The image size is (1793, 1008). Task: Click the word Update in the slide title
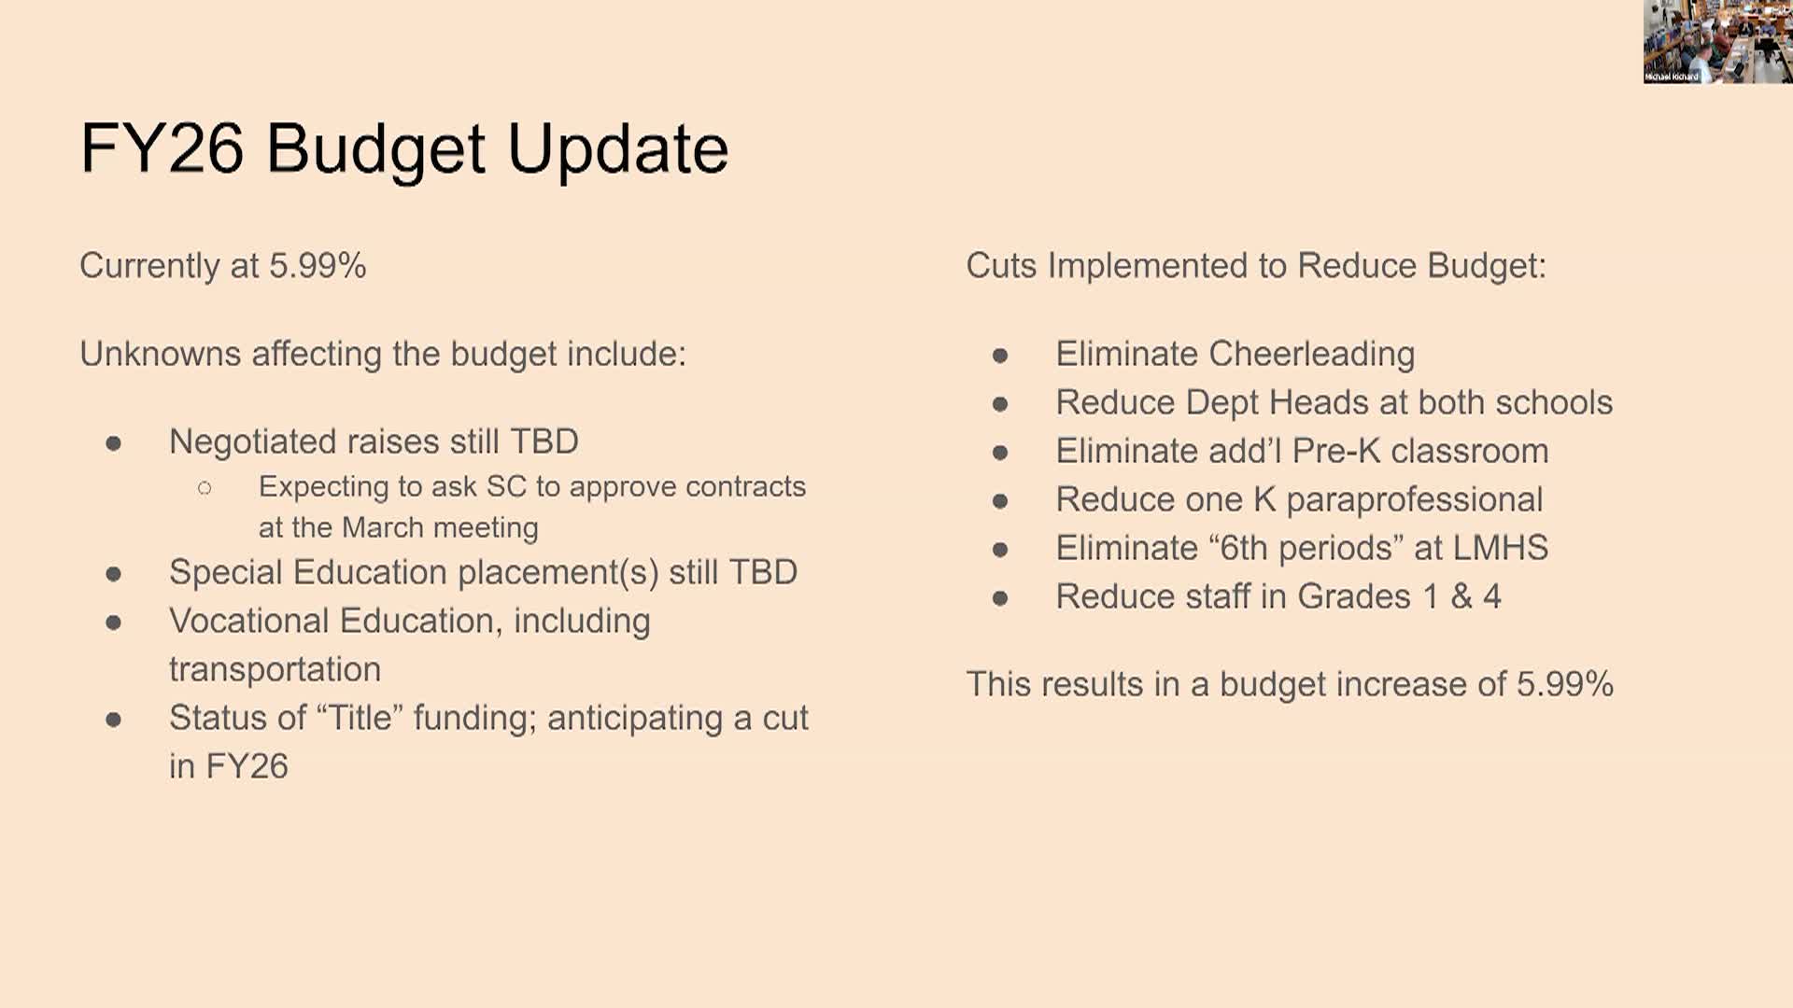tap(617, 149)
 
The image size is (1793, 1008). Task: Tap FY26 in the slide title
tap(162, 148)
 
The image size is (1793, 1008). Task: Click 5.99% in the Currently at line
tap(318, 266)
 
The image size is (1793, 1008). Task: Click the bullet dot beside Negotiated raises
tap(114, 443)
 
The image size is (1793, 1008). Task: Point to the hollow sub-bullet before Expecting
tap(205, 487)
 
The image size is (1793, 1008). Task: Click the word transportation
tap(275, 669)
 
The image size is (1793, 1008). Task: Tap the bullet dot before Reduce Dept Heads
tap(1000, 404)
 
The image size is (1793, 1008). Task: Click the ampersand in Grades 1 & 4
tap(1461, 596)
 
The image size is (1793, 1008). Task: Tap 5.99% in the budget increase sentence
tap(1564, 684)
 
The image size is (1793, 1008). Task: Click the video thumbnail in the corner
tap(1718, 42)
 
